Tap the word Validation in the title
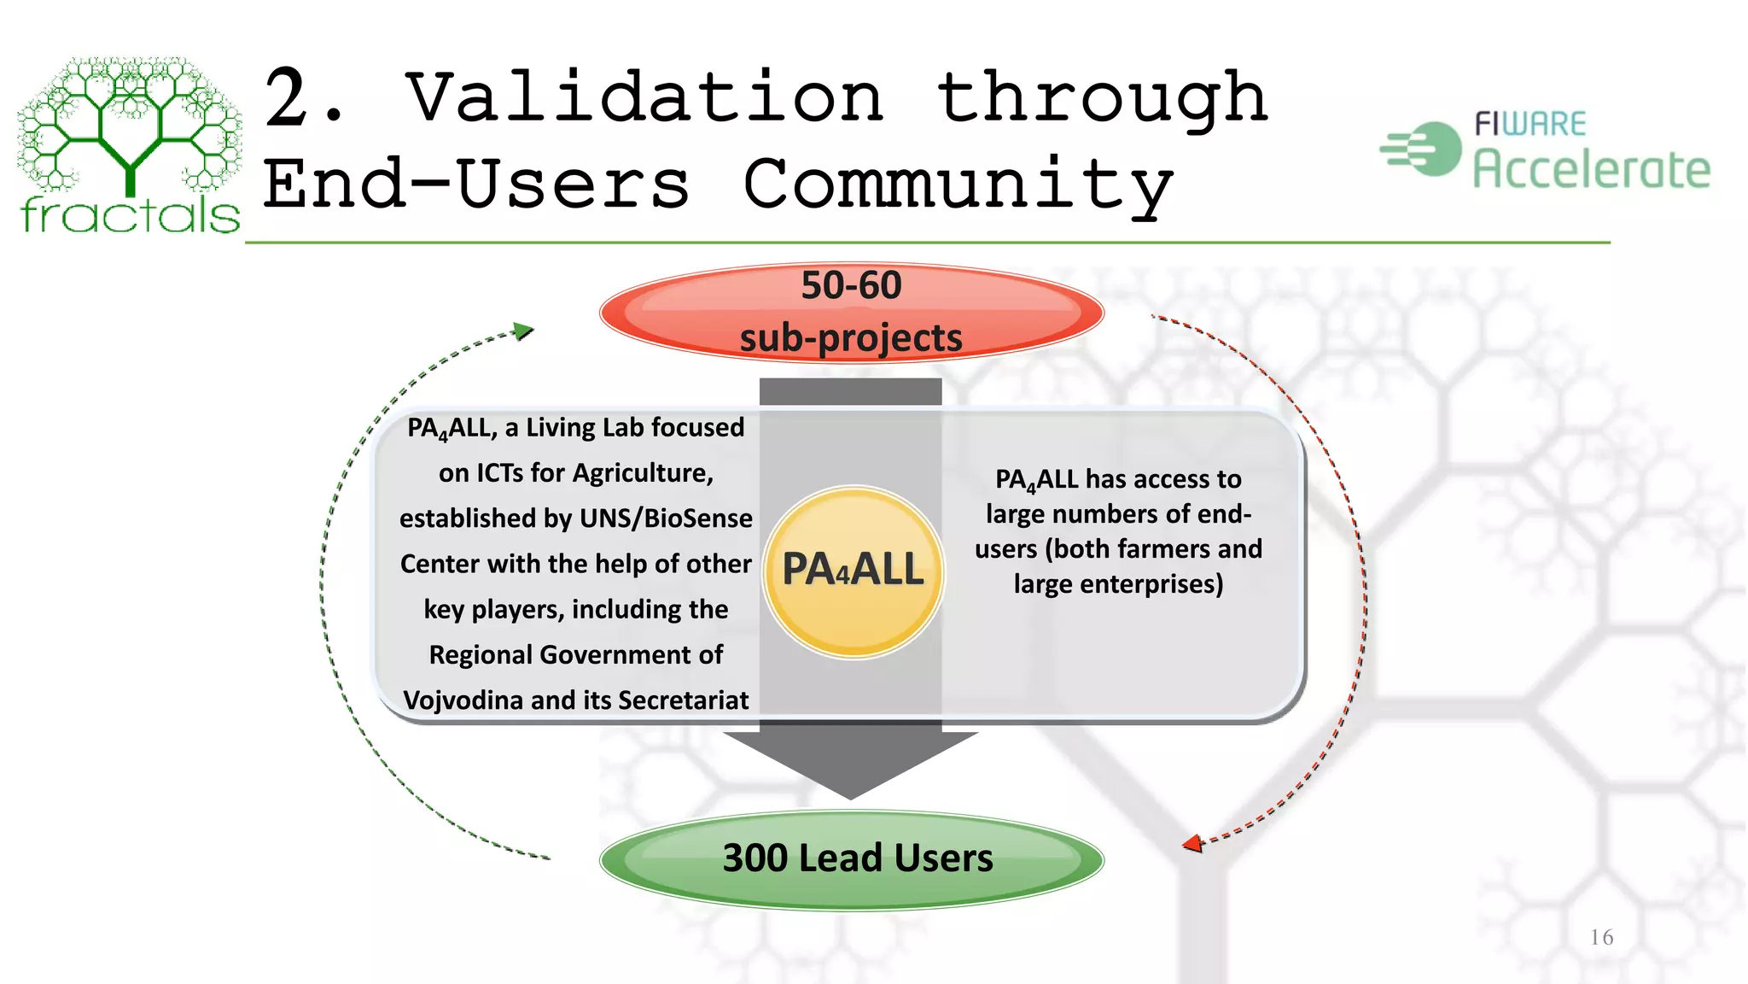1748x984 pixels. [644, 98]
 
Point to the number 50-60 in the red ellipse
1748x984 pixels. [851, 285]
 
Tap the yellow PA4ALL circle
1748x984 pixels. [853, 571]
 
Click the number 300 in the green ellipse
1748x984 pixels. [755, 858]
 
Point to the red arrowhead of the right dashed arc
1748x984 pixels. [1192, 844]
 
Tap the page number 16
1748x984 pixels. [1601, 938]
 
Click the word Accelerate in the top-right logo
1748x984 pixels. [1592, 169]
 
